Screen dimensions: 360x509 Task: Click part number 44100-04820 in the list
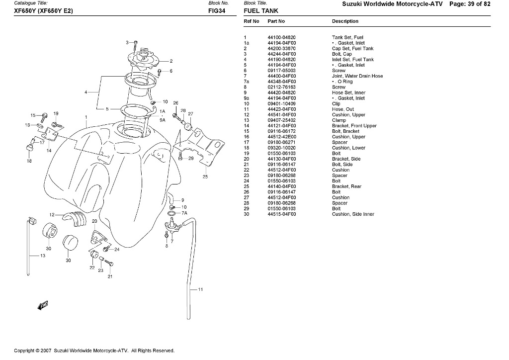point(281,37)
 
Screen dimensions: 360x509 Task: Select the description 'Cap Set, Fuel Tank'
point(352,49)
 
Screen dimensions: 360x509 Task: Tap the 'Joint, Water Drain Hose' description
point(357,76)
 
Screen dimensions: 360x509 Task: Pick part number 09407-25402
point(281,120)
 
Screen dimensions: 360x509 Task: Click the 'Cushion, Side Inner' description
point(353,214)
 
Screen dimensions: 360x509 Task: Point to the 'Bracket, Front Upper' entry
point(354,126)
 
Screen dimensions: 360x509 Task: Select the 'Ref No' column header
point(252,21)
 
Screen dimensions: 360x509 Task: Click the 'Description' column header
point(345,21)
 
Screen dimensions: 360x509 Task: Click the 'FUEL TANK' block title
point(261,10)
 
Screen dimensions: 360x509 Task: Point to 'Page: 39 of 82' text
point(470,3)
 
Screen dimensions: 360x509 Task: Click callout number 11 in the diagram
point(200,289)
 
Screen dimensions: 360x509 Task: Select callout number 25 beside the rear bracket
point(205,177)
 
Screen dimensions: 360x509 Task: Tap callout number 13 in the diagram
point(43,256)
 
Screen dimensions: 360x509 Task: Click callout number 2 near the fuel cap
point(170,61)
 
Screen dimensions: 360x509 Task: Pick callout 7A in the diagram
point(184,213)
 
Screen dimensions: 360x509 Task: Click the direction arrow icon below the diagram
point(43,305)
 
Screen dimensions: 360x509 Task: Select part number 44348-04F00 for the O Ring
point(281,82)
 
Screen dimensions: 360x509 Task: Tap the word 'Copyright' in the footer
point(24,351)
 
